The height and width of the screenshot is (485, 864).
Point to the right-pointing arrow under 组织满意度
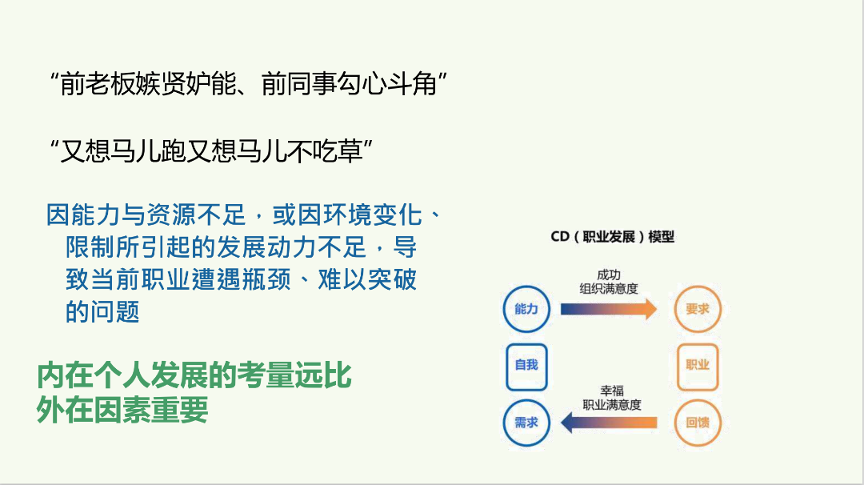pos(609,309)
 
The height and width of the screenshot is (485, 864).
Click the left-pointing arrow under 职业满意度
pos(609,423)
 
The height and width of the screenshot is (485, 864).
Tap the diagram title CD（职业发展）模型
pos(612,237)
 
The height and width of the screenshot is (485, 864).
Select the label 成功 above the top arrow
pos(609,275)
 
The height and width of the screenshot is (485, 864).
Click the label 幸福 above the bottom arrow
pos(612,391)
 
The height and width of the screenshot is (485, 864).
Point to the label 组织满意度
pos(609,288)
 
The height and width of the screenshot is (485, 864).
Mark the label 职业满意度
pos(612,404)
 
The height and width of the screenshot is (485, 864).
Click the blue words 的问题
pos(102,311)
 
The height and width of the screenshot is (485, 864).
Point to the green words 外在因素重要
pos(122,410)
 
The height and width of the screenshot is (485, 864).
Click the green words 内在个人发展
pos(122,376)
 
